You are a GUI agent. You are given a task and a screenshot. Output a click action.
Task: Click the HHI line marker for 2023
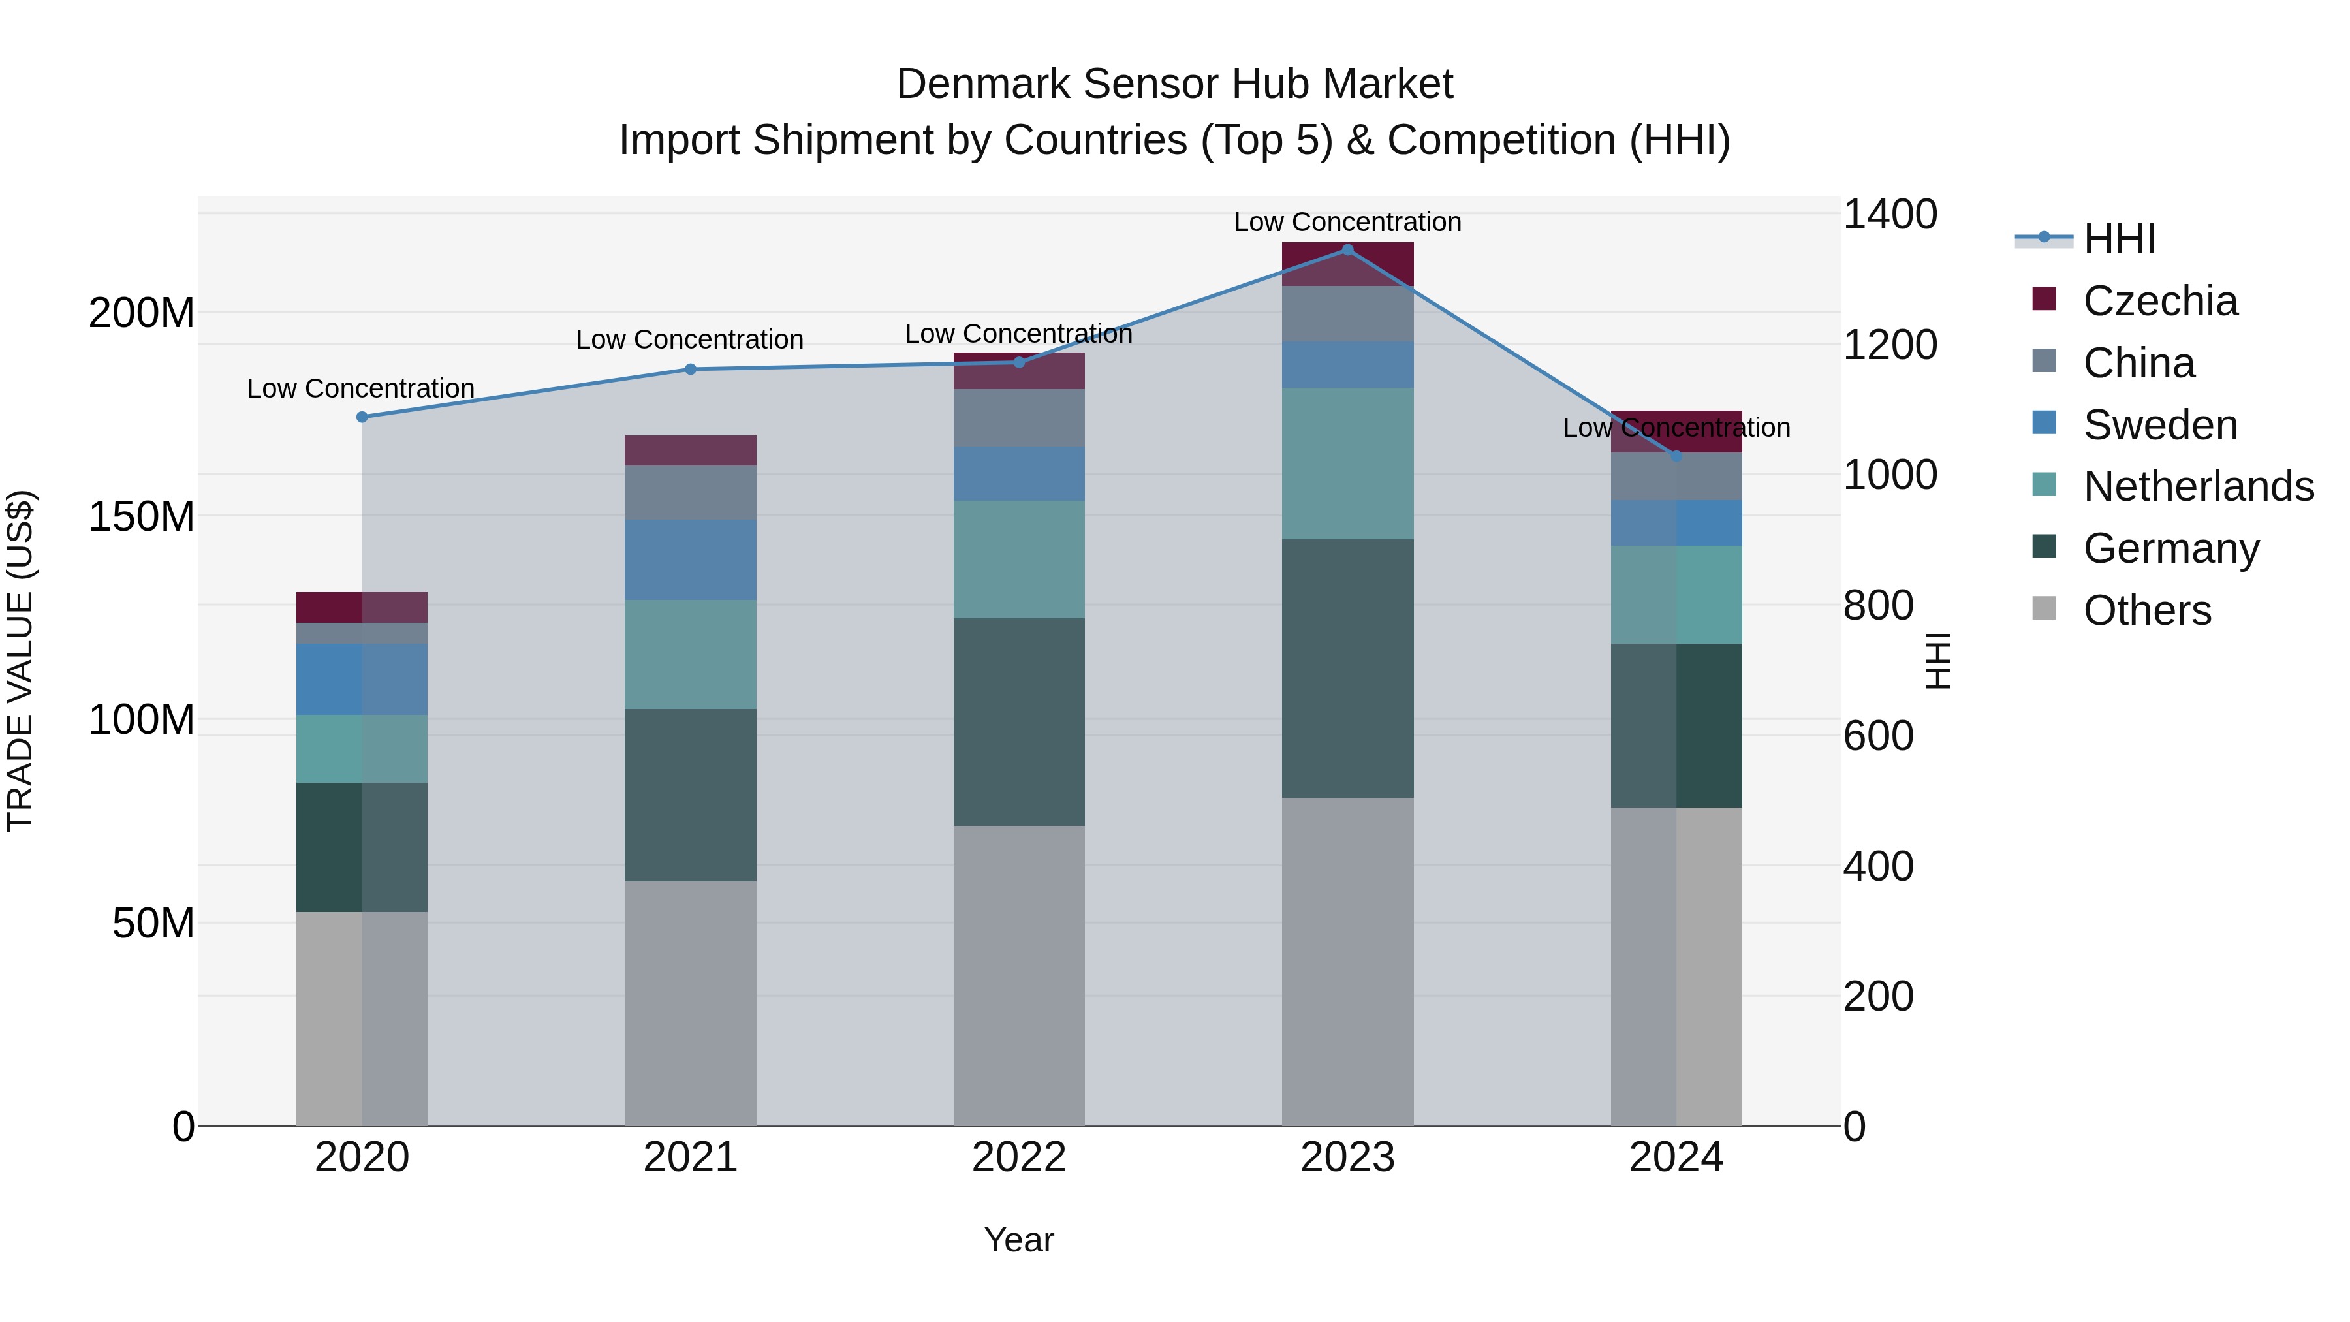pos(1347,250)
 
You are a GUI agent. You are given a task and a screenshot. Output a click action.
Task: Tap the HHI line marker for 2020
pos(362,417)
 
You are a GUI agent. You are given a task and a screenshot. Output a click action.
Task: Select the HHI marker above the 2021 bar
pos(691,370)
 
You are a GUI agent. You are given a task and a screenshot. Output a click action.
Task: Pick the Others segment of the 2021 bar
pos(691,1003)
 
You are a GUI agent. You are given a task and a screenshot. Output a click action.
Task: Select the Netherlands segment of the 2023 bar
pos(1347,464)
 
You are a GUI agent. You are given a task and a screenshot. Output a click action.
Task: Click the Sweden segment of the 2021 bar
pos(691,560)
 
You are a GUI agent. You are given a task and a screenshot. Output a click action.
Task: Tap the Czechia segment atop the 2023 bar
pos(1347,264)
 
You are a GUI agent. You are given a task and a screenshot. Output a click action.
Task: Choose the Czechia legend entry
pos(2159,301)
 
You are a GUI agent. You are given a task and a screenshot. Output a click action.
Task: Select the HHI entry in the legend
pos(2118,239)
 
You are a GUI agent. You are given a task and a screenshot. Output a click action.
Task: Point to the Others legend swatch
pos(2044,608)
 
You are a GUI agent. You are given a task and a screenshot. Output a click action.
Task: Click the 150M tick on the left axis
pos(142,516)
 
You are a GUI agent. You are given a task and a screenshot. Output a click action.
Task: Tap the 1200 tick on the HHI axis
pos(1889,345)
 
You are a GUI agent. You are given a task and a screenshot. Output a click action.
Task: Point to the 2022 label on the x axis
pos(1019,1157)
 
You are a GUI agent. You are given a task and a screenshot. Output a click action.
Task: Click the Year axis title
pos(1019,1240)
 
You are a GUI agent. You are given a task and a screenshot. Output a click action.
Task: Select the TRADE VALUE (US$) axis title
pos(20,661)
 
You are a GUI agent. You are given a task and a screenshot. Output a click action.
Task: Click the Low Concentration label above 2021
pos(690,339)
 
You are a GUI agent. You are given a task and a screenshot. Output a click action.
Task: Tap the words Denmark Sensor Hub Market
pos(1174,84)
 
